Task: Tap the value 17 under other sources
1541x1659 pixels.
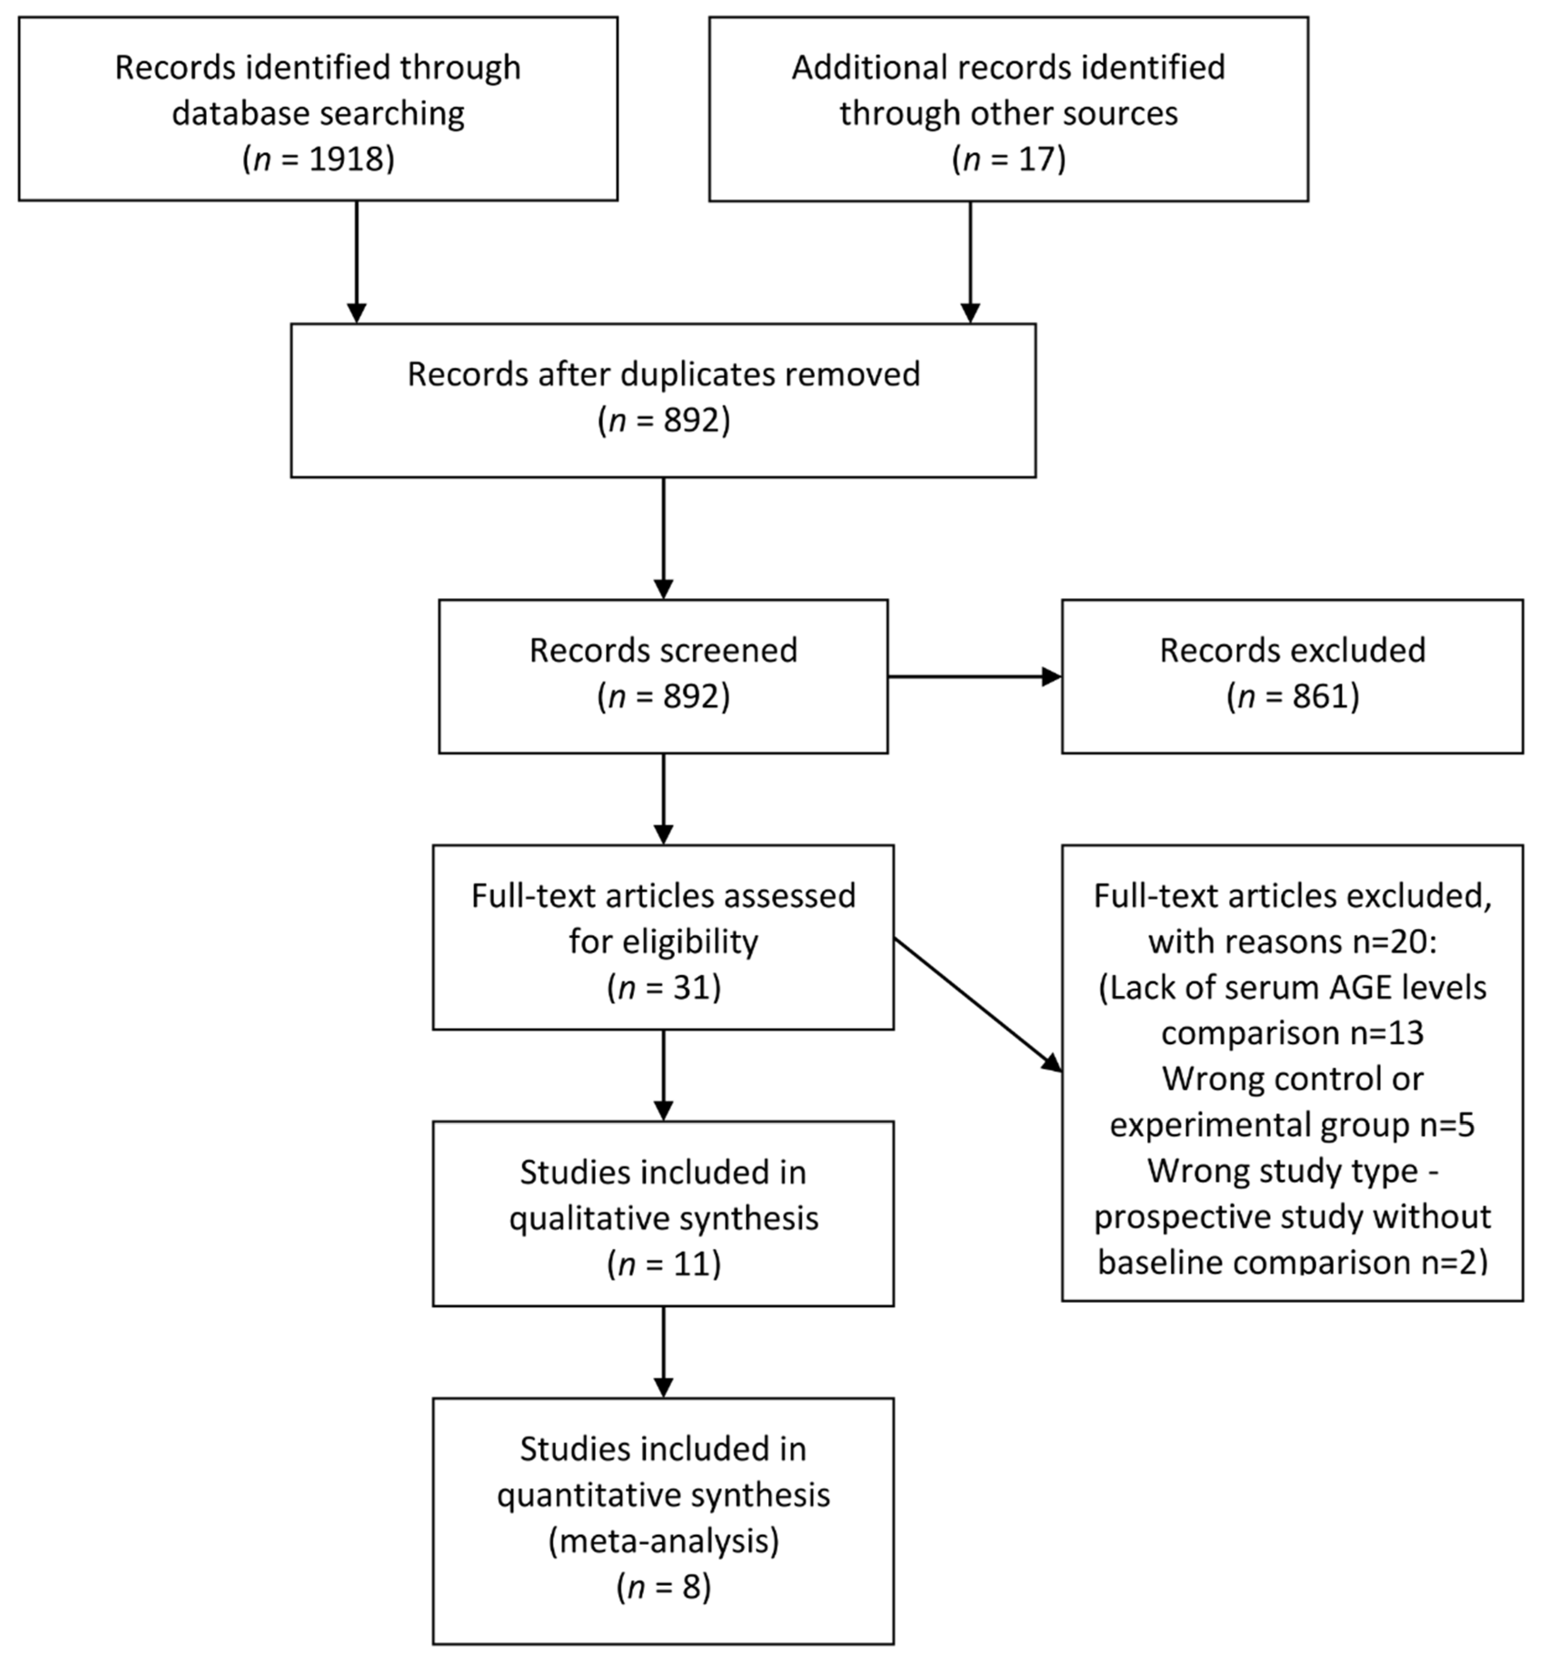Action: tap(1037, 159)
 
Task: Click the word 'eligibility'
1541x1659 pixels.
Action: tap(664, 942)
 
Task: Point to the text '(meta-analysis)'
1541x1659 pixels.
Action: tap(664, 1540)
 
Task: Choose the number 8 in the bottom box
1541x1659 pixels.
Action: tap(691, 1586)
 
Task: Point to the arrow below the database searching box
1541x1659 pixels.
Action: tap(357, 262)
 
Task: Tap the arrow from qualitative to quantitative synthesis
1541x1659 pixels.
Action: tap(664, 1351)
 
